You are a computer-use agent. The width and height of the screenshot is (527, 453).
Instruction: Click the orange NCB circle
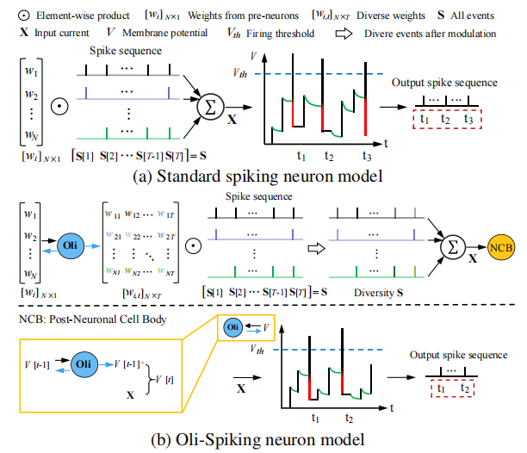(x=499, y=249)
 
